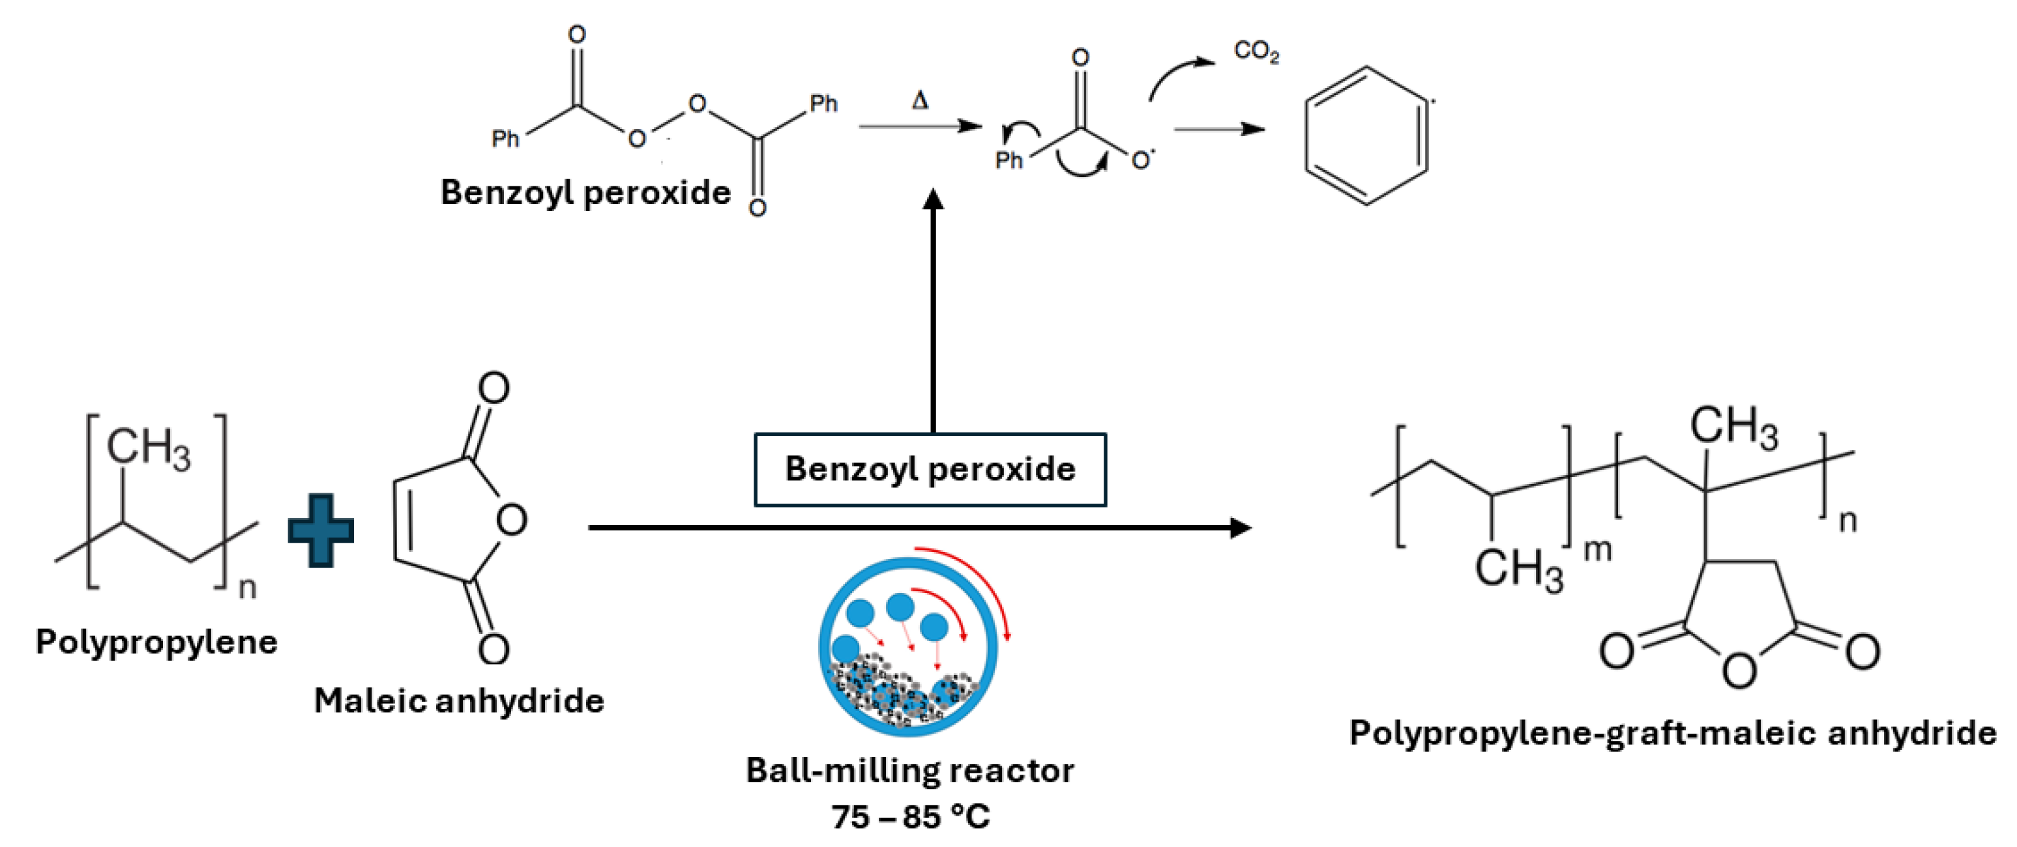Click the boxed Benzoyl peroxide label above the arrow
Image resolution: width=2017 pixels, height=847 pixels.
(x=930, y=470)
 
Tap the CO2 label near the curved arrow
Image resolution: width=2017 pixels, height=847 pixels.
(x=1256, y=51)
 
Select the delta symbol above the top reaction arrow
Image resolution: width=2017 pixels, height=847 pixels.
(x=920, y=101)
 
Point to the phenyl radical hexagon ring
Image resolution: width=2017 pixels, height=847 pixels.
(x=1366, y=136)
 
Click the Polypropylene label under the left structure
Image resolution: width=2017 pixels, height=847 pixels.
(x=156, y=642)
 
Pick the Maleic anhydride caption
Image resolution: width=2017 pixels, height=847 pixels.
(x=459, y=700)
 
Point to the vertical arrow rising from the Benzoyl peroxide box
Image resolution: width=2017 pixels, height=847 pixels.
(x=932, y=313)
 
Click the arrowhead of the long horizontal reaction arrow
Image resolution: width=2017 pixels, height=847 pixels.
(x=1241, y=528)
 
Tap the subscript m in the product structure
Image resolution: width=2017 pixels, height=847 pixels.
(x=1597, y=551)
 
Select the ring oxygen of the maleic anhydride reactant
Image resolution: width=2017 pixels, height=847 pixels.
(x=511, y=520)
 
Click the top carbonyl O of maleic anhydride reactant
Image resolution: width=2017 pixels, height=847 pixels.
(x=494, y=388)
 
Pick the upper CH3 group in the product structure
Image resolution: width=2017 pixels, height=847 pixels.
(x=1733, y=427)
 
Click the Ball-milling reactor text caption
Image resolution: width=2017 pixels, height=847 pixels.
(x=910, y=771)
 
